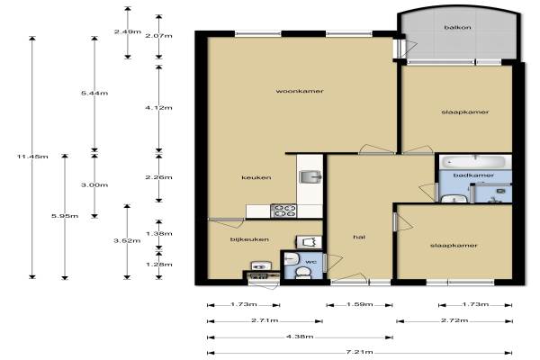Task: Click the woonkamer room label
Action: pos(300,91)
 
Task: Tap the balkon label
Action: pos(457,27)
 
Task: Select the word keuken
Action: pos(256,178)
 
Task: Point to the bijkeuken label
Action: pos(249,239)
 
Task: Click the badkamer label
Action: pos(473,175)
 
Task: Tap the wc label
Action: pos(310,262)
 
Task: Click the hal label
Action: pos(359,237)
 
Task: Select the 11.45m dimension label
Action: pos(32,157)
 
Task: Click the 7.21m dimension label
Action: pos(359,352)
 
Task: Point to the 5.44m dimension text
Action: pos(94,93)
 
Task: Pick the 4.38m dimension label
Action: pos(300,337)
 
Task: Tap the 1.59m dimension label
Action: pos(359,304)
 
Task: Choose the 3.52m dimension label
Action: pos(127,240)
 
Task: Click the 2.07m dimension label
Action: pos(158,36)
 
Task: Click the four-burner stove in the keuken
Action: pos(283,211)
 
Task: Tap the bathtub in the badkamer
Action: pos(475,162)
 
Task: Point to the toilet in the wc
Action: pos(303,272)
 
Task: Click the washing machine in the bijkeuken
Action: pos(309,242)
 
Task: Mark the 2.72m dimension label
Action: pos(454,320)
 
